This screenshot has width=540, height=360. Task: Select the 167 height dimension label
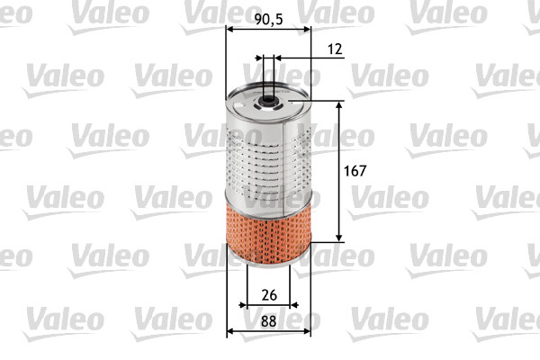click(x=358, y=170)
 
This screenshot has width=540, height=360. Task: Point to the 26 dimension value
click(x=267, y=294)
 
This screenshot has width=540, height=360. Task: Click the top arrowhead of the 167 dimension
click(x=339, y=104)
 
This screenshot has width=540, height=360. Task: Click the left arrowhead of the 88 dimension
click(x=230, y=331)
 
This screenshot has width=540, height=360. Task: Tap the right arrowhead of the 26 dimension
click(x=286, y=307)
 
